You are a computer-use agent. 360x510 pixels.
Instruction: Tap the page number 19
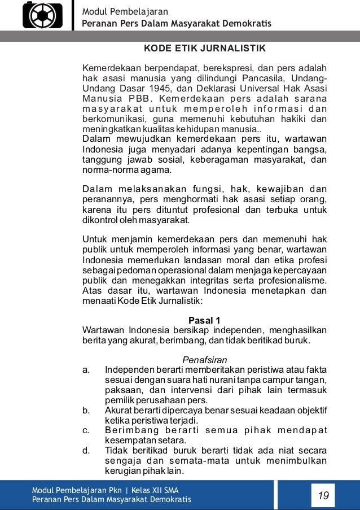click(323, 495)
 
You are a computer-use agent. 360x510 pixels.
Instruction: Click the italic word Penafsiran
click(204, 360)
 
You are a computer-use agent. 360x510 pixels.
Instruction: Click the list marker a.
click(86, 370)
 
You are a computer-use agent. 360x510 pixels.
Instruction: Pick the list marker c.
click(86, 430)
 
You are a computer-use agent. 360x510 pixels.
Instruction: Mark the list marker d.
click(86, 450)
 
